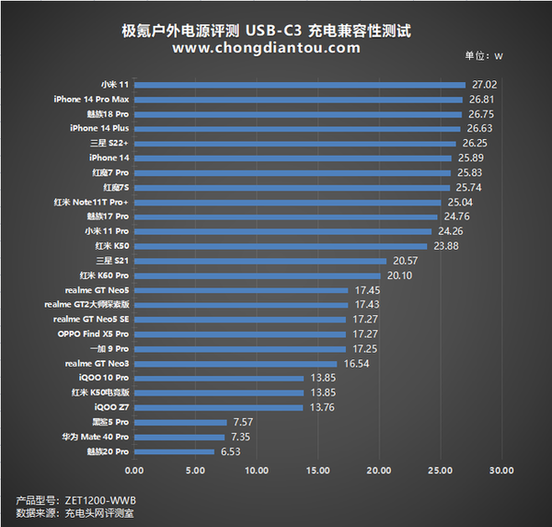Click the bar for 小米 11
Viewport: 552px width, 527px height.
(299, 85)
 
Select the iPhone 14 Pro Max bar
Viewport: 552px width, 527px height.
(298, 100)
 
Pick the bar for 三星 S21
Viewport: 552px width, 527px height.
(259, 261)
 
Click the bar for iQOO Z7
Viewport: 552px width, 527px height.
(218, 407)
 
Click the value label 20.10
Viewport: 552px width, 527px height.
(398, 275)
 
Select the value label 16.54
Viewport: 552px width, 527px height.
(355, 364)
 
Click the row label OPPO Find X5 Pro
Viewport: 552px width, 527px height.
(94, 334)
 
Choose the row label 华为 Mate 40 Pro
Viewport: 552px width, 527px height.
(96, 437)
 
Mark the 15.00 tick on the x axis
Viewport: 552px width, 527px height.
(317, 472)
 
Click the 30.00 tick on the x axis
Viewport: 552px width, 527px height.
(500, 472)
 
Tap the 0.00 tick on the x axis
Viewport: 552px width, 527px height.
(134, 472)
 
